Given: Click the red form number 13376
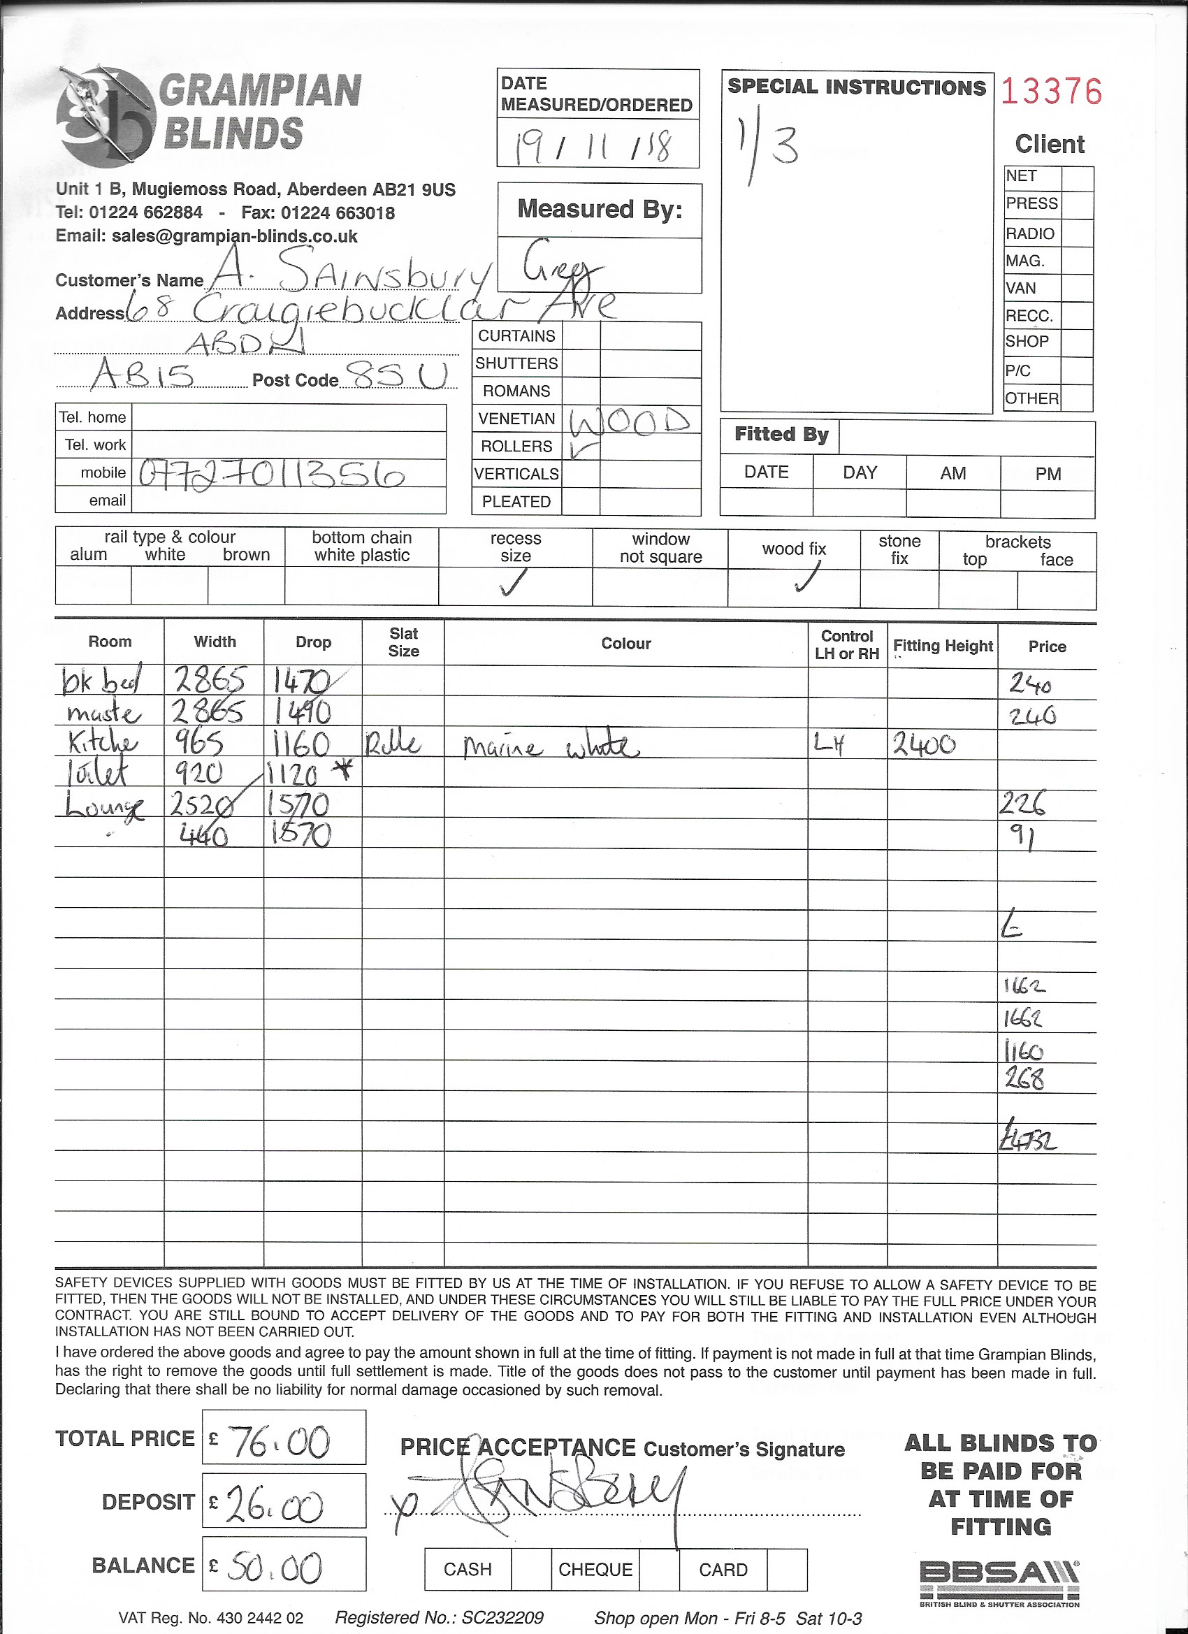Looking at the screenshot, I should pyautogui.click(x=1051, y=92).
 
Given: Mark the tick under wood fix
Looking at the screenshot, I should pyautogui.click(x=807, y=577).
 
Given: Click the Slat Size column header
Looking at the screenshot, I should pyautogui.click(x=403, y=642).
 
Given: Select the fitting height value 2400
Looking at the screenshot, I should pyautogui.click(x=925, y=744).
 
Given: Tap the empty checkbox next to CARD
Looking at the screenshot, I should pyautogui.click(x=787, y=1568).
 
